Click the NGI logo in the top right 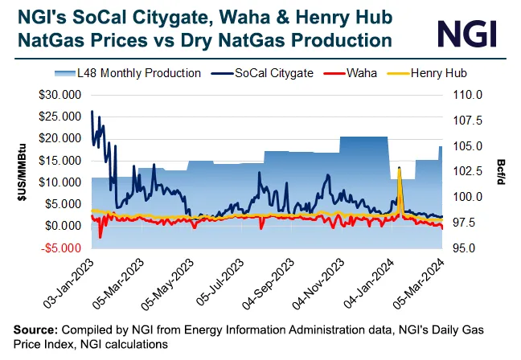(466, 33)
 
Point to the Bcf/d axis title (499, 170)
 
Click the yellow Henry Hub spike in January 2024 (400, 169)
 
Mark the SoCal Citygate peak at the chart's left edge (92, 112)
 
